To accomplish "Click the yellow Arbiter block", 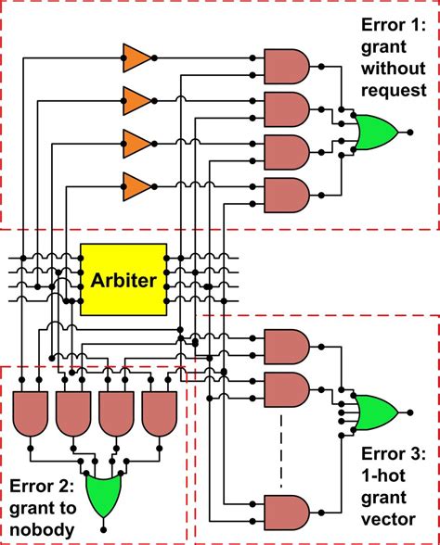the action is click(x=123, y=280).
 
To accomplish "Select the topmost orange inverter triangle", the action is click(x=137, y=58).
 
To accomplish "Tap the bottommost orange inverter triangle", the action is click(x=137, y=186).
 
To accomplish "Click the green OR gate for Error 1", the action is click(x=376, y=132).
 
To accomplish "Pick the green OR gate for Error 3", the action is click(x=376, y=412).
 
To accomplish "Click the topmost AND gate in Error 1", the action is click(x=287, y=67).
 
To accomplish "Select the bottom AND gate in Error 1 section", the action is click(x=287, y=196).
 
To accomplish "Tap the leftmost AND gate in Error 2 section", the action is click(x=31, y=414).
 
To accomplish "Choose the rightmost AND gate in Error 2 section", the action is click(x=160, y=414).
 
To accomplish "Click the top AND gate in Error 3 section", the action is click(x=287, y=347).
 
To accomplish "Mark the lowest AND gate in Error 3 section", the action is click(x=287, y=513).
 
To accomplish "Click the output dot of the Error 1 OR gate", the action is click(x=410, y=132).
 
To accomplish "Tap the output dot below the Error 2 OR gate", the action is click(x=103, y=529).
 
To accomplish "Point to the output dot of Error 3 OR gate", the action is click(x=410, y=412).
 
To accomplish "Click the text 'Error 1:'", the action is click(x=394, y=25).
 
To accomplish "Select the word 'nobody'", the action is click(x=42, y=530).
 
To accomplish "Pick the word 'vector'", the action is click(x=388, y=519).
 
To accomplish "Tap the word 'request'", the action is click(x=394, y=91).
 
